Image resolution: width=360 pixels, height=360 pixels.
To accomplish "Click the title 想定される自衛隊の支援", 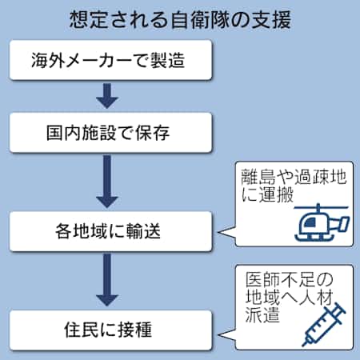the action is pyautogui.click(x=180, y=19).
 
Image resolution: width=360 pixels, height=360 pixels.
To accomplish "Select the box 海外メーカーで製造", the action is pyautogui.click(x=110, y=60).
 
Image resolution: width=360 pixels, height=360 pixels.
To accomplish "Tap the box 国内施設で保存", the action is pyautogui.click(x=110, y=133).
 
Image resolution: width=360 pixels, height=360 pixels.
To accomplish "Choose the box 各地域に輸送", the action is pyautogui.click(x=110, y=231).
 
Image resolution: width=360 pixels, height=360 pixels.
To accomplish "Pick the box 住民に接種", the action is pyautogui.click(x=110, y=330).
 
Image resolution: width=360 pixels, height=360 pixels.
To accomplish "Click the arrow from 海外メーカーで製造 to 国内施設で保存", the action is pyautogui.click(x=107, y=96).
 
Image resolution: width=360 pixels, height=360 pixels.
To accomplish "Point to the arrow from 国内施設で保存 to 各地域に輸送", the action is pyautogui.click(x=107, y=182).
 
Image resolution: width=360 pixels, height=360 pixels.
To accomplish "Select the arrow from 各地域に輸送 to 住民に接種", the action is pyautogui.click(x=107, y=280).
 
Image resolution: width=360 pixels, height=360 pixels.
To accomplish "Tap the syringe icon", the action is pyautogui.click(x=323, y=325).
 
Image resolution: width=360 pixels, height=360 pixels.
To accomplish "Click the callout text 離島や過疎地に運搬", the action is pyautogui.click(x=294, y=186).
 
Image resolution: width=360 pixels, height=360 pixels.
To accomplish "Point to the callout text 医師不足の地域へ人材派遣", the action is pyautogui.click(x=290, y=297).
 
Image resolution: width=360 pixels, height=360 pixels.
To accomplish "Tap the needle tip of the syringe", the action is pyautogui.click(x=303, y=345).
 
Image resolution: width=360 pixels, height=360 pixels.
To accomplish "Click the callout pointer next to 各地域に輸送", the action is pyautogui.click(x=226, y=233).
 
